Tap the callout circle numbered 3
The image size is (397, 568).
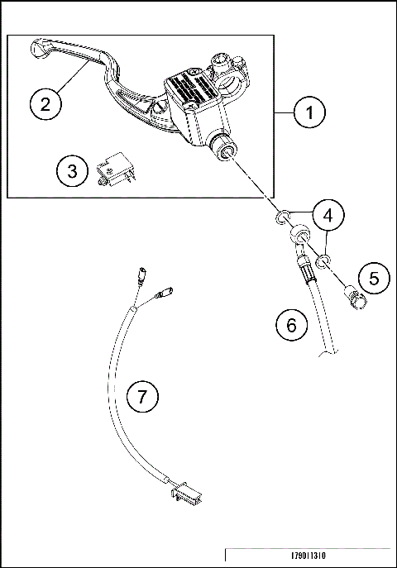[x=73, y=171]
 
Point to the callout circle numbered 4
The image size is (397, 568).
[x=328, y=216]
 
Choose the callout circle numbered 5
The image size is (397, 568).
[x=373, y=279]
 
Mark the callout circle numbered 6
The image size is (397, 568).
[x=290, y=325]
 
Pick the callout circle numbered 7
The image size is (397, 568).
[x=142, y=398]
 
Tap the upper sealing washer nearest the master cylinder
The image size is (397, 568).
[x=284, y=217]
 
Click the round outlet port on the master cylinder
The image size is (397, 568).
[x=227, y=151]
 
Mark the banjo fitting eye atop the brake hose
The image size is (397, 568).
[x=295, y=239]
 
